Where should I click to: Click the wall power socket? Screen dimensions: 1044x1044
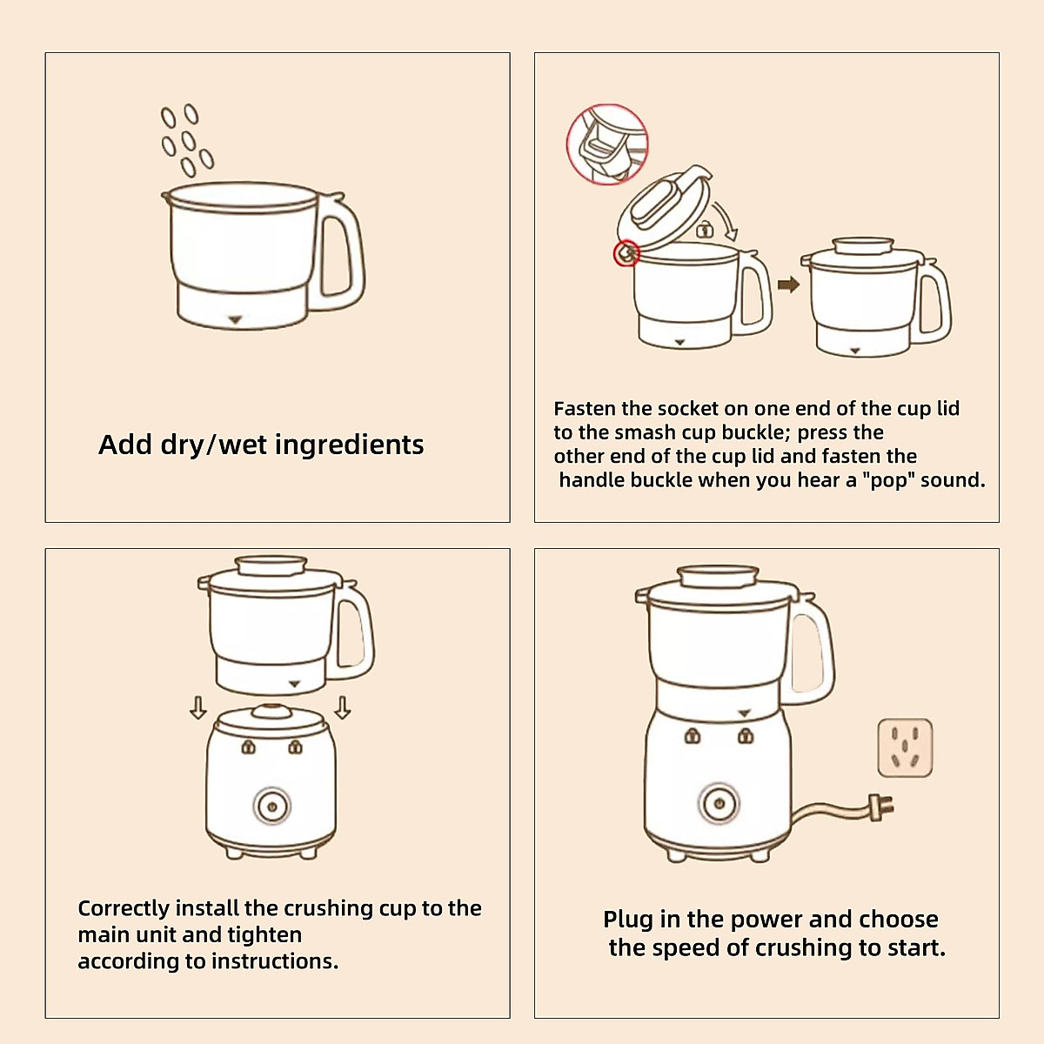tap(905, 747)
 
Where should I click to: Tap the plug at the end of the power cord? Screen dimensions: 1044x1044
tap(881, 807)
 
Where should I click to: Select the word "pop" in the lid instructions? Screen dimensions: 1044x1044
tap(887, 480)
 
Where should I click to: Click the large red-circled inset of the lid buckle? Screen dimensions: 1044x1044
tap(607, 144)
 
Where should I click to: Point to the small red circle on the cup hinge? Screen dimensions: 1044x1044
tap(626, 253)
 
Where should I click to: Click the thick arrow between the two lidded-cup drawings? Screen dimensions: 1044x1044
tap(788, 284)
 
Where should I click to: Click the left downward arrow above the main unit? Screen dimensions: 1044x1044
tap(198, 707)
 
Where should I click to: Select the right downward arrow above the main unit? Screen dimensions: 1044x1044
tap(343, 707)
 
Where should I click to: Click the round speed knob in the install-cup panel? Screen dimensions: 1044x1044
tap(272, 806)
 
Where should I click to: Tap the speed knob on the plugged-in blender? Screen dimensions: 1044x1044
tap(719, 804)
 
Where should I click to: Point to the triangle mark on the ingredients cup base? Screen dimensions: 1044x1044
tap(235, 320)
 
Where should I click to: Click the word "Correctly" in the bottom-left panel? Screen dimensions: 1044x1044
tap(123, 909)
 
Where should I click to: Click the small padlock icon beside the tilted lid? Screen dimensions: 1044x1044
tap(704, 229)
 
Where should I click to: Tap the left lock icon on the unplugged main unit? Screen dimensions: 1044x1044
tap(248, 747)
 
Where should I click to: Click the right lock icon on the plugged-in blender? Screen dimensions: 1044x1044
tap(746, 735)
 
